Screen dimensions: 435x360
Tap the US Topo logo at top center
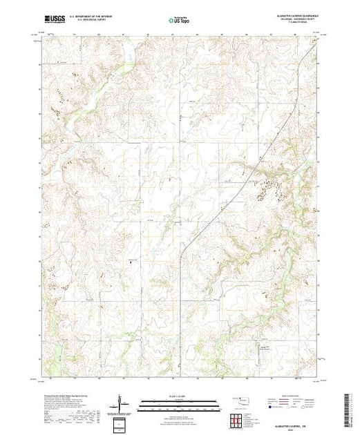(178, 20)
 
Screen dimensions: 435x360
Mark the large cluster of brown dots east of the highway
(269, 184)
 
